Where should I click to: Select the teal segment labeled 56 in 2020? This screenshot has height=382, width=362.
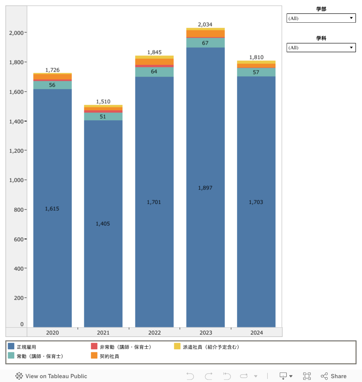(52, 85)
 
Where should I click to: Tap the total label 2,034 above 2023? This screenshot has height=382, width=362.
(205, 25)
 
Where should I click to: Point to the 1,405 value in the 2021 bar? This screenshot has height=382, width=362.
(103, 224)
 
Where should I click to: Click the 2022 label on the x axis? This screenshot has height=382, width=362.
(154, 333)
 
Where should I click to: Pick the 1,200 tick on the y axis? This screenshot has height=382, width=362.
(16, 151)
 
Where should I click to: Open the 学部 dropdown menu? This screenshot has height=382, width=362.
(321, 18)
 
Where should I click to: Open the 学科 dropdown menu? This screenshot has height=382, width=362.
(321, 48)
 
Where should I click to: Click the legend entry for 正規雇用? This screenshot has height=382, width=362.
(26, 347)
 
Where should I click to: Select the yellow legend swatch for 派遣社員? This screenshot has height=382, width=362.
(177, 347)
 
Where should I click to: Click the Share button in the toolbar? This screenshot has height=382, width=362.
(334, 376)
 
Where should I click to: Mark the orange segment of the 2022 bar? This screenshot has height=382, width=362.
(154, 62)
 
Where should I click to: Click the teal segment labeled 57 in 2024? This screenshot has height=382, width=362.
(256, 72)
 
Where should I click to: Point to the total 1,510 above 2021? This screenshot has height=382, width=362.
(103, 102)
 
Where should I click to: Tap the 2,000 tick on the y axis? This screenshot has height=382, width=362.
(16, 33)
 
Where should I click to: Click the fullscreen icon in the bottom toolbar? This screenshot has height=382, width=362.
(307, 376)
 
